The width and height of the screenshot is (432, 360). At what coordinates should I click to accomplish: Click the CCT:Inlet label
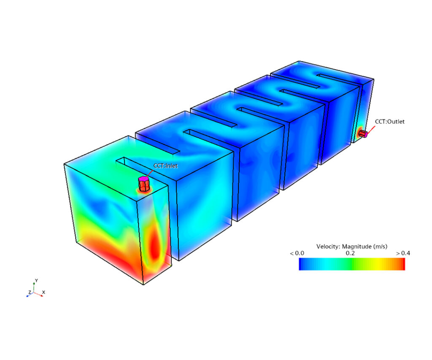tap(165, 166)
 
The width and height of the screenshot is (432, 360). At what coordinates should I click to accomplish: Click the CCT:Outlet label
tap(389, 122)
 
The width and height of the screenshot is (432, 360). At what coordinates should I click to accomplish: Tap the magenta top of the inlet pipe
tap(143, 179)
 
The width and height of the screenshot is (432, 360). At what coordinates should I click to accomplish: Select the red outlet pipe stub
tap(363, 134)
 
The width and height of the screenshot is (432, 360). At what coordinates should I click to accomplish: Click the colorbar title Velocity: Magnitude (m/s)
tap(352, 246)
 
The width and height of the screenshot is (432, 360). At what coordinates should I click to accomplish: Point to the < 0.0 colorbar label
tap(297, 253)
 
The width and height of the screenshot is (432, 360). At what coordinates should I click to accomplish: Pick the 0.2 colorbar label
tap(351, 253)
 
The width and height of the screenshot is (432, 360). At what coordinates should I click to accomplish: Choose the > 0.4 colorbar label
tap(403, 253)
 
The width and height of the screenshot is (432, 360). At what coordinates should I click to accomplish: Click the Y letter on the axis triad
tap(36, 281)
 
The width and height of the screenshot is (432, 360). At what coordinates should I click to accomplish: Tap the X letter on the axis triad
tap(43, 292)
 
